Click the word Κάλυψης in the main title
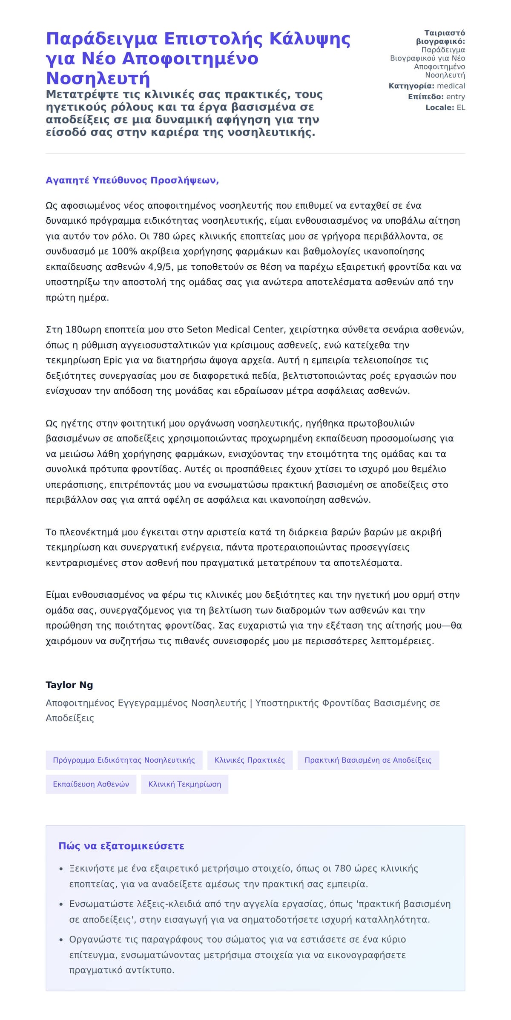pos(310,39)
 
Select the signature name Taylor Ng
pos(69,685)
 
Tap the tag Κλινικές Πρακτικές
pos(250,760)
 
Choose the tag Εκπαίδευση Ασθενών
pos(91,784)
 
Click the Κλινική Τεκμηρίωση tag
pos(184,784)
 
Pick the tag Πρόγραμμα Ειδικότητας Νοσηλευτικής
pos(124,760)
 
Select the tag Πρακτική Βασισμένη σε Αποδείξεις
pos(368,760)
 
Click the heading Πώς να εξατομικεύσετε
pos(121,846)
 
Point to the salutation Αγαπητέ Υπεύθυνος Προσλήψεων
pos(132,180)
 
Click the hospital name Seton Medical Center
pos(236,329)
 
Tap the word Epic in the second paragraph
pos(113,360)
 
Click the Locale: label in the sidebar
pos(439,107)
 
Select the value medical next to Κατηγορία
pos(451,86)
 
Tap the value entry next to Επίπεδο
pos(455,97)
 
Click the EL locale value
pos(461,107)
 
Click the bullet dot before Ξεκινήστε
pos(61,869)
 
